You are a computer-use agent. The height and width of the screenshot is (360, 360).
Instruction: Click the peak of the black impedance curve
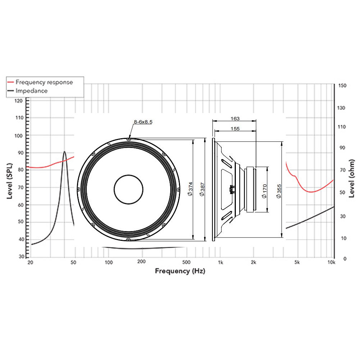point(64,152)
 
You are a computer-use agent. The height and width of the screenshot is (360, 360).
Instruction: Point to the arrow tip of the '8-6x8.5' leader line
point(129,139)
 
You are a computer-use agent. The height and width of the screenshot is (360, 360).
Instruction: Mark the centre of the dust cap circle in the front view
point(129,189)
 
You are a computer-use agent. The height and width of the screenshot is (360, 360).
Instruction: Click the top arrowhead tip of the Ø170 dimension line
point(267,167)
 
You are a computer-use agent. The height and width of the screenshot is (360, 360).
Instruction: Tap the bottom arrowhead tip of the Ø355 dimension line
point(282,237)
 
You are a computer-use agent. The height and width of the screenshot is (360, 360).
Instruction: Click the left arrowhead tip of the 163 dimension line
point(213,121)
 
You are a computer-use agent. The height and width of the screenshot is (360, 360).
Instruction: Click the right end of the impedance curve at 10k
point(334,207)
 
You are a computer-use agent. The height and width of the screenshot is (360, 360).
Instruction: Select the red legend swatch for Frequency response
point(10,82)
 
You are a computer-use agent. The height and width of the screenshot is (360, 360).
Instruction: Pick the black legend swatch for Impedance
point(10,91)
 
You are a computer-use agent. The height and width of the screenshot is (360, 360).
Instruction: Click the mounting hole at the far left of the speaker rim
point(78,189)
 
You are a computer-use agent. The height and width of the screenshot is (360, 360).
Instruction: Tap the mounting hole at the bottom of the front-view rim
point(129,239)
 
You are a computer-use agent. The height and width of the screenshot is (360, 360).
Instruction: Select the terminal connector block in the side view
point(232,190)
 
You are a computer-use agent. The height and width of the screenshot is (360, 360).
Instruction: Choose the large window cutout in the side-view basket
point(226,190)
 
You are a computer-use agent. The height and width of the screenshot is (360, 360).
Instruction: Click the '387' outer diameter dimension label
point(202,189)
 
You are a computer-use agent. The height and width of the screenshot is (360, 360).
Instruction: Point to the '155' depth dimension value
point(235,129)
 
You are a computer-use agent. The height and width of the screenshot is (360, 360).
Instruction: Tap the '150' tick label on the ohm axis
point(342,85)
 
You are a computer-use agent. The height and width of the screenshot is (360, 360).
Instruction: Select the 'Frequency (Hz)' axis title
point(180,271)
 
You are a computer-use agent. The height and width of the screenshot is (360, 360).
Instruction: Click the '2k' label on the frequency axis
point(253,262)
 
